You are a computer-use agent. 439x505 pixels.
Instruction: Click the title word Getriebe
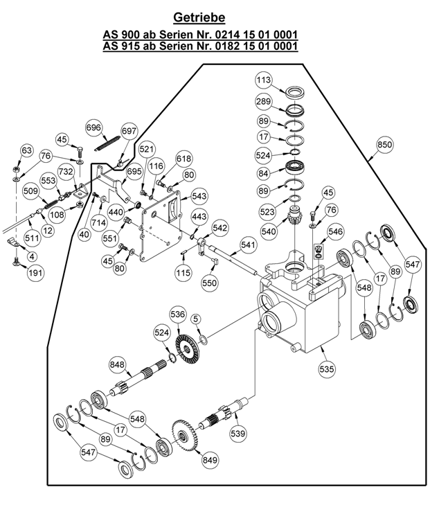tap(199, 17)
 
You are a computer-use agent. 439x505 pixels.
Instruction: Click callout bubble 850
tap(385, 144)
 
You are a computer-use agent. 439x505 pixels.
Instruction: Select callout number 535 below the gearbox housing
tap(327, 369)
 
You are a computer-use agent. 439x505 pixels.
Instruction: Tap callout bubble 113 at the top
tap(264, 80)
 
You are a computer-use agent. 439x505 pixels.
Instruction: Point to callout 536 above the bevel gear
tap(178, 314)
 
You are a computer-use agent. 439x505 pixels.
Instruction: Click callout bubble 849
tap(210, 460)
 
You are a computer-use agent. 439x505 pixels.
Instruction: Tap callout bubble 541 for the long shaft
tap(248, 245)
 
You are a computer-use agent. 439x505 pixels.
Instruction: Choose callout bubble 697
tap(129, 132)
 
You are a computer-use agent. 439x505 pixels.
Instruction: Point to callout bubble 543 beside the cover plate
tap(199, 196)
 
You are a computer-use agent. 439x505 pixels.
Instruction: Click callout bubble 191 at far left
tap(35, 273)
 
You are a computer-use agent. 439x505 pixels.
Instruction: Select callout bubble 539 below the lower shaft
tap(238, 434)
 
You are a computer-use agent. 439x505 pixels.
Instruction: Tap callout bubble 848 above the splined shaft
tap(117, 364)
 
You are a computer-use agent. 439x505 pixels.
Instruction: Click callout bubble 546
tap(335, 231)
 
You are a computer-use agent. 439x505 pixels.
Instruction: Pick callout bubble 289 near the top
tap(264, 101)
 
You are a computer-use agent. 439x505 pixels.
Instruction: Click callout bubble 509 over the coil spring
tap(31, 191)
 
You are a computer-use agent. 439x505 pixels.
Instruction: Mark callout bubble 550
tap(210, 283)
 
